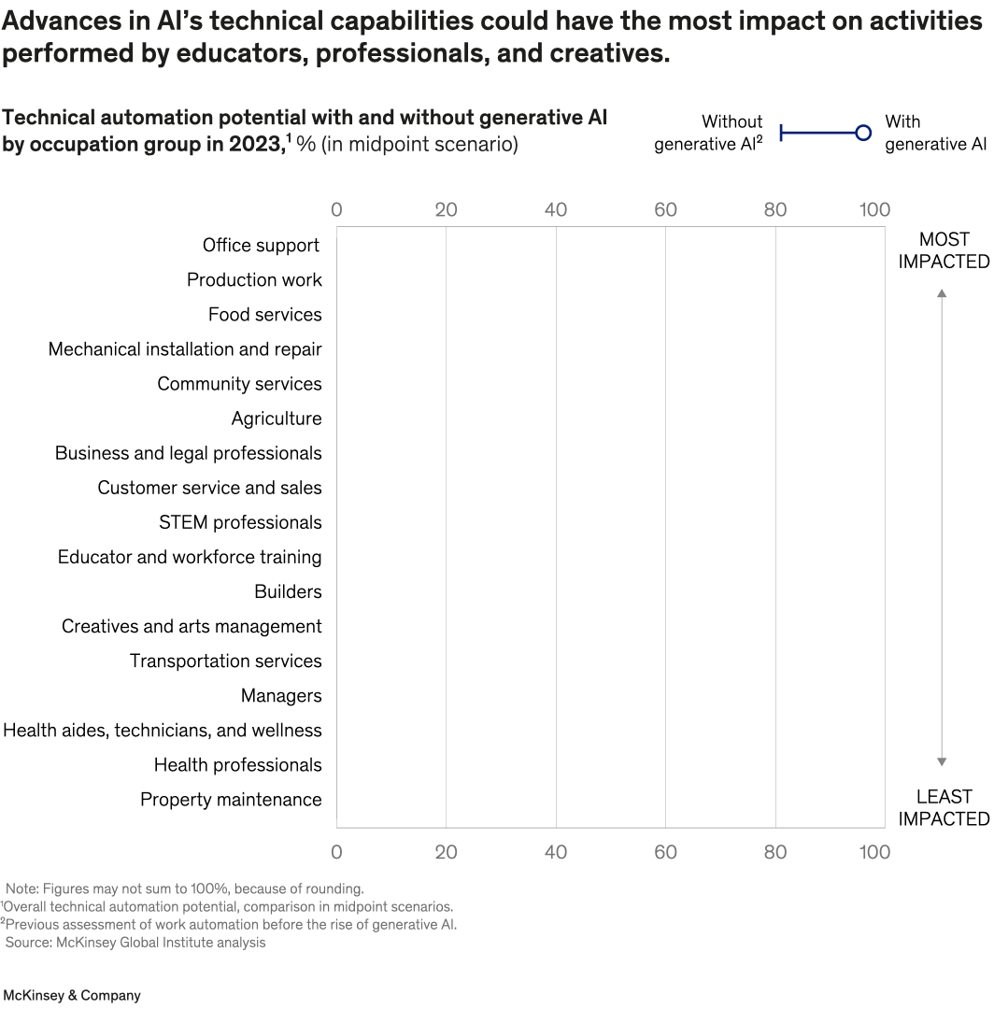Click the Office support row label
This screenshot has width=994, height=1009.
point(261,245)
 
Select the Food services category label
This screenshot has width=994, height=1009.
point(264,314)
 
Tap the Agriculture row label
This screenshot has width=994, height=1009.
point(276,419)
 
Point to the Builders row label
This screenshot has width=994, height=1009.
point(287,591)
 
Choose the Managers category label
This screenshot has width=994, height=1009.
point(280,695)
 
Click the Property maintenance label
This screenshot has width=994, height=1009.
point(231,799)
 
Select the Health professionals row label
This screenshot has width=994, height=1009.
point(237,764)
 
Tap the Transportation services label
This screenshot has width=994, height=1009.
point(225,661)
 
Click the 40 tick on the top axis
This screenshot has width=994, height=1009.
point(556,209)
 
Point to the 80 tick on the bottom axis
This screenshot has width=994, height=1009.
point(775,851)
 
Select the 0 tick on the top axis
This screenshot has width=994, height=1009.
point(336,209)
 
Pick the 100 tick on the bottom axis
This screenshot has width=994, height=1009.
point(874,851)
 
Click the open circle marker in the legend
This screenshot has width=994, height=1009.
point(863,134)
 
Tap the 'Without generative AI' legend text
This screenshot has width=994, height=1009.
point(708,133)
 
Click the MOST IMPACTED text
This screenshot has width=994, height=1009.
point(944,250)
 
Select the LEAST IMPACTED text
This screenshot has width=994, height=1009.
point(944,807)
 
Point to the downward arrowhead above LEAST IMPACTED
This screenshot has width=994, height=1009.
point(942,761)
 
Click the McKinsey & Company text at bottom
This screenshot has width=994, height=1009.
point(71,995)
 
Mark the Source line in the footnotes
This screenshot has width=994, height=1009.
point(135,942)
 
